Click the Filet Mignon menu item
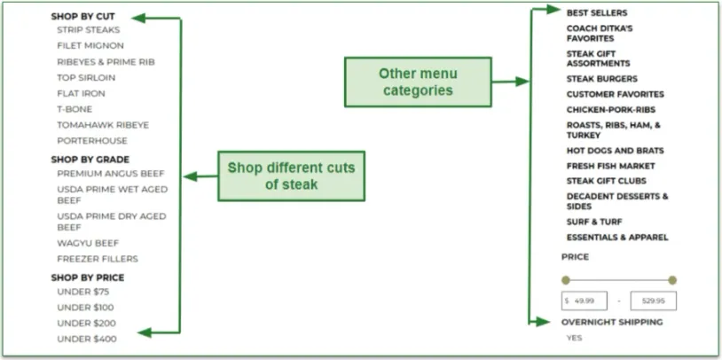point(90,45)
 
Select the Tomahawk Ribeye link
point(103,124)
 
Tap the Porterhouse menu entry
point(92,140)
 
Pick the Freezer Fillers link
point(98,259)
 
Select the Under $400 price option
point(86,339)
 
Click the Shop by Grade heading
point(90,160)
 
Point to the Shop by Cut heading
point(82,16)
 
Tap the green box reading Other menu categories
point(418,82)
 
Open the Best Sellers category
point(597,13)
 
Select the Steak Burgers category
point(602,79)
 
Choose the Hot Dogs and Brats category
point(615,151)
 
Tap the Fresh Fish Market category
point(611,166)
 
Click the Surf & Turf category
point(594,222)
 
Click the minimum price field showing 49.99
point(585,301)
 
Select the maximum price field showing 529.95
point(653,301)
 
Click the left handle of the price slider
point(566,280)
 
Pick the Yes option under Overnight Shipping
point(575,338)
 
